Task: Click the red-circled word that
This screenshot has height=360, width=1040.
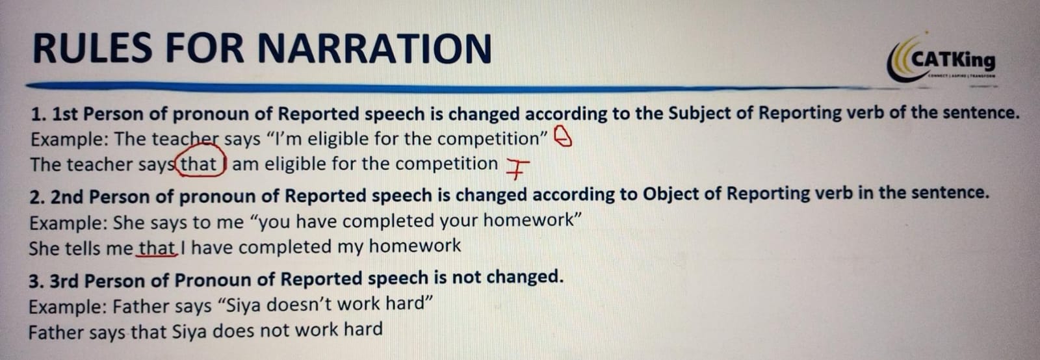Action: click(x=198, y=164)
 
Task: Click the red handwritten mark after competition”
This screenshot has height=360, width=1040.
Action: click(x=564, y=137)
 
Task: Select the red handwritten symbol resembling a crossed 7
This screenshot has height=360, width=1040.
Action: click(x=516, y=168)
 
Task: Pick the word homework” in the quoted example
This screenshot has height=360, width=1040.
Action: click(x=532, y=220)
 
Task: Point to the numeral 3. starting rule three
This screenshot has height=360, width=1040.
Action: click(x=36, y=281)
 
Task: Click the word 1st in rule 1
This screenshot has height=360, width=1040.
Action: click(x=64, y=114)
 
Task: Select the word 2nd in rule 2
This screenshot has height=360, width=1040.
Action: click(x=67, y=197)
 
